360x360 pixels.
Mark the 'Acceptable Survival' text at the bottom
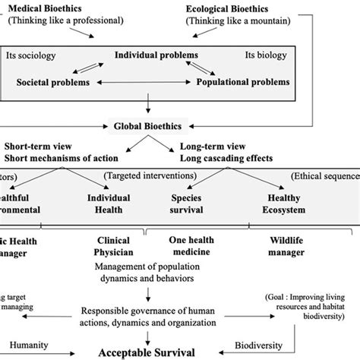coord(156,352)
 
